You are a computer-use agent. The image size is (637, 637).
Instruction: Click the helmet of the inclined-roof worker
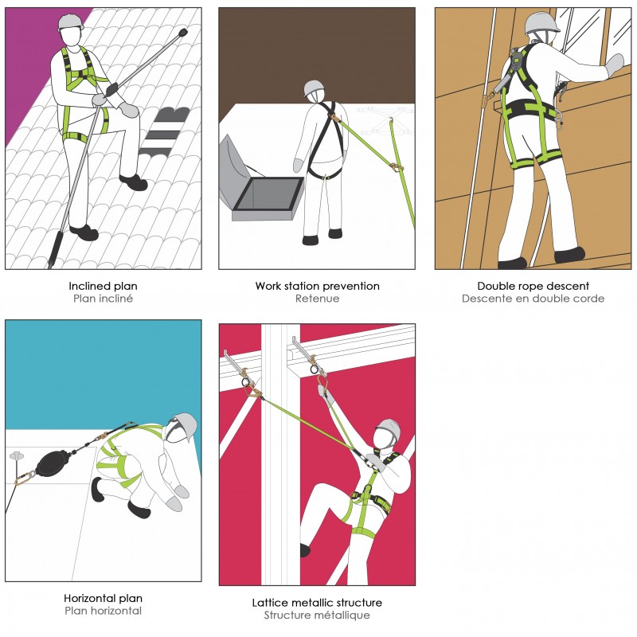click(70, 22)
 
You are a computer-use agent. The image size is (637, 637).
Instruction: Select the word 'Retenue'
click(317, 299)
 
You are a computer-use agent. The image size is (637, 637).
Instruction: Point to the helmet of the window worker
click(542, 23)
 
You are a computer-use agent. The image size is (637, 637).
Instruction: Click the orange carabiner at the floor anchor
click(25, 477)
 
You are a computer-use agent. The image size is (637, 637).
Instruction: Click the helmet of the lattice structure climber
click(388, 429)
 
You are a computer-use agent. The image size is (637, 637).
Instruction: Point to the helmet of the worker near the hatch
click(314, 88)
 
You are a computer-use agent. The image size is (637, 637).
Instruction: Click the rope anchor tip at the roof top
click(183, 32)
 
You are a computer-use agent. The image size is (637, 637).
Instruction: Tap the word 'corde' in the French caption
click(589, 299)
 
